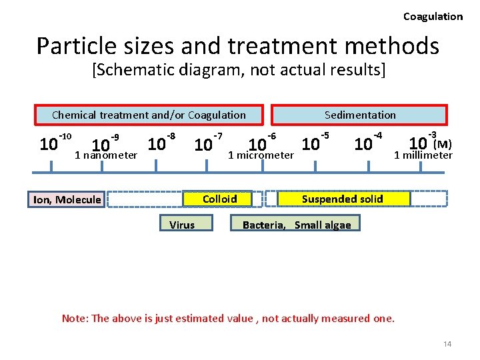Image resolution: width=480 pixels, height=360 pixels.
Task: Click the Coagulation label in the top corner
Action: click(x=433, y=17)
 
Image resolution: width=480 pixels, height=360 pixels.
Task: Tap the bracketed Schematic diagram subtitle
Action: click(x=239, y=70)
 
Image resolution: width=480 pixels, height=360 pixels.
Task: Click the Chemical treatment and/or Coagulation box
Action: click(x=149, y=115)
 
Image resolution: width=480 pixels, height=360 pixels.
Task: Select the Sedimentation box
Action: click(x=360, y=115)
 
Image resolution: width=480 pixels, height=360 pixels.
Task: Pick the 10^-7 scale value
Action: click(x=207, y=143)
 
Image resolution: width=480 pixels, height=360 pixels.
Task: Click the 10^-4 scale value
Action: click(x=367, y=143)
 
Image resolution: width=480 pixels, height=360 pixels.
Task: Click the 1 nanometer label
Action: click(x=106, y=155)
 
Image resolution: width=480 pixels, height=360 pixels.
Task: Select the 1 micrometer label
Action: click(x=261, y=155)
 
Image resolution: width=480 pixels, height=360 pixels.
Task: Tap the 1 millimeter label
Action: click(x=423, y=155)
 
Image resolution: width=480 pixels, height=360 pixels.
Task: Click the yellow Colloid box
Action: click(x=219, y=199)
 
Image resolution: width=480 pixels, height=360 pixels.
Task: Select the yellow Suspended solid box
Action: click(x=343, y=199)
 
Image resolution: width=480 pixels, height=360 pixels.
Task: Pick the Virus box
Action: click(x=182, y=225)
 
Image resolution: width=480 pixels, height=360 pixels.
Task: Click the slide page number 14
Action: click(x=447, y=343)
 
